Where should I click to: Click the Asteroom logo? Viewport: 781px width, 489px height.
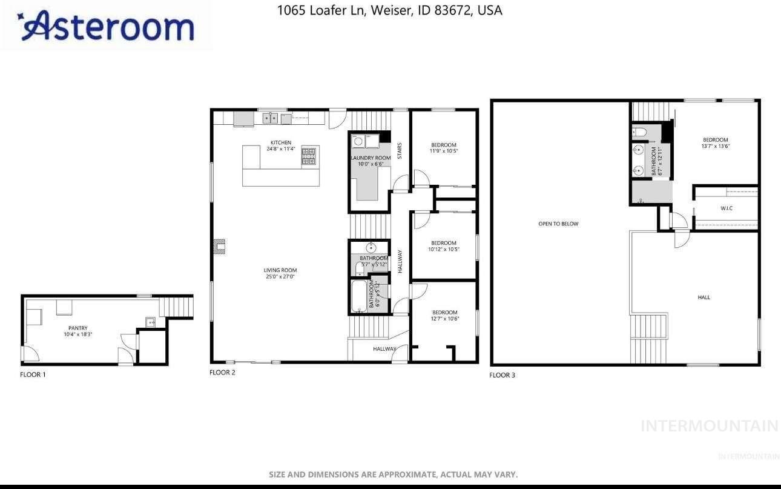coord(107,26)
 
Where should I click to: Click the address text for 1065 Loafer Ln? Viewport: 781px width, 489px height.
coord(389,10)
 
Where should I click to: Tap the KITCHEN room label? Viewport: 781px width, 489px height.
coord(280,142)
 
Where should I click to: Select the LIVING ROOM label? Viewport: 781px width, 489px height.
coord(280,270)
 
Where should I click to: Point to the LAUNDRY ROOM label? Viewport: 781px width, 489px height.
coord(371,158)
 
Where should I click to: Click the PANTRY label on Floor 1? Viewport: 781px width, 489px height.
coord(77,328)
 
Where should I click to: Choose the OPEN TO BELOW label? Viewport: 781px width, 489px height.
coord(558,224)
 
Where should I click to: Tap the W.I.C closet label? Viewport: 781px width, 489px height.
coord(727,208)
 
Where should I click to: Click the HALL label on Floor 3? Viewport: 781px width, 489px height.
coord(704,297)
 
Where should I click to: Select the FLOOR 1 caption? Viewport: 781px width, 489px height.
coord(33,374)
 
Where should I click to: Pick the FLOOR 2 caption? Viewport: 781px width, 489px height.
coord(222,372)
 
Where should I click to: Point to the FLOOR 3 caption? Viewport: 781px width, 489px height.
coord(502,375)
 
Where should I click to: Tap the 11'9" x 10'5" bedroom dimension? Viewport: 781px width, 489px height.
coord(443,151)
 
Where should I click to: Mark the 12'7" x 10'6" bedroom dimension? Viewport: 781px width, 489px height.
coord(444,319)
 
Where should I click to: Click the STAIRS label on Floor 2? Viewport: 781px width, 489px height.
coord(400,151)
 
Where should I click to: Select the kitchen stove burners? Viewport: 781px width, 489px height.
coord(309,156)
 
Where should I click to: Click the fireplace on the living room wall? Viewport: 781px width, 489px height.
coord(219,245)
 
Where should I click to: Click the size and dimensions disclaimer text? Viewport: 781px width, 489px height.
coord(393,474)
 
